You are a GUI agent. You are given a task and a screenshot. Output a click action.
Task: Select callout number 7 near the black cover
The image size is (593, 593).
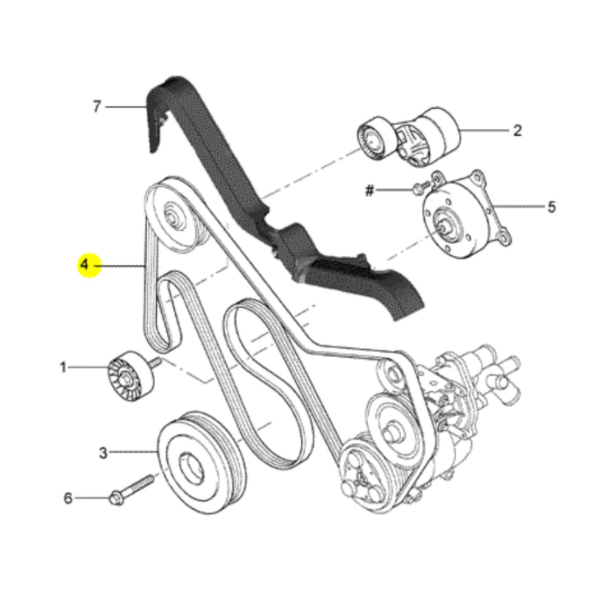pos(97,106)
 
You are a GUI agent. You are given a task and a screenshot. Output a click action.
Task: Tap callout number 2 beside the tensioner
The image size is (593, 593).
pos(517,130)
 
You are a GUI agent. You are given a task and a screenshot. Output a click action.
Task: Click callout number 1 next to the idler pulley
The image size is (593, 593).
pos(63,367)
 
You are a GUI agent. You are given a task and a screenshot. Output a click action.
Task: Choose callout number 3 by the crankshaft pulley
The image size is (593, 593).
pos(103,453)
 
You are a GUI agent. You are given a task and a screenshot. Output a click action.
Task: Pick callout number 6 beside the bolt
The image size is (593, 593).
pos(68,498)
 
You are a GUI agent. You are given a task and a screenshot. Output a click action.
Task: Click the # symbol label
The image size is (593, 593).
pos(369,191)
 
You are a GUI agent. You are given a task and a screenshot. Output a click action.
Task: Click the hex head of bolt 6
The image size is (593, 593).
pos(116,498)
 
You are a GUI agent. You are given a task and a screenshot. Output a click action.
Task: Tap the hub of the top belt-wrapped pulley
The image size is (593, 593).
pos(174,216)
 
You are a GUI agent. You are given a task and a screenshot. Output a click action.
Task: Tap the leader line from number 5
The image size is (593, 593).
pos(519,207)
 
